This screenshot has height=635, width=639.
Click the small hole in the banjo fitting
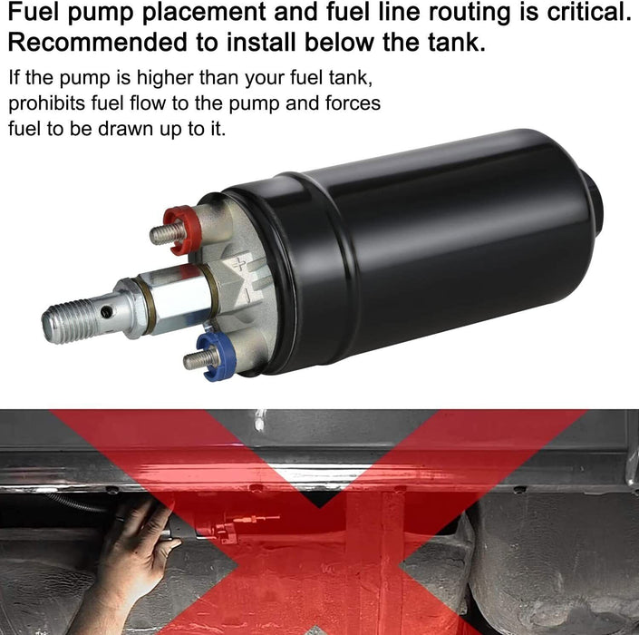pos(108,312)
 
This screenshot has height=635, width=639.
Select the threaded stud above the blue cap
pos(199,357)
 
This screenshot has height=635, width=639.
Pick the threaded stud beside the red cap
pos(164,233)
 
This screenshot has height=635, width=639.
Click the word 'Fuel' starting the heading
pos(34,14)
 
